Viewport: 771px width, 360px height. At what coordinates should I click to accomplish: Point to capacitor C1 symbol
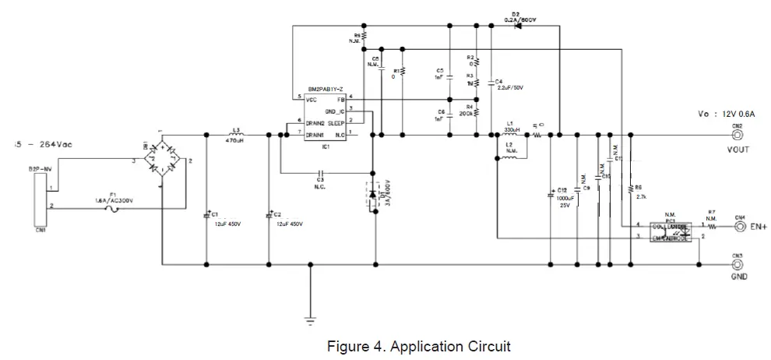click(x=206, y=214)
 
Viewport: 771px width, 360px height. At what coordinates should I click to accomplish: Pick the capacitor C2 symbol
click(x=269, y=214)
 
